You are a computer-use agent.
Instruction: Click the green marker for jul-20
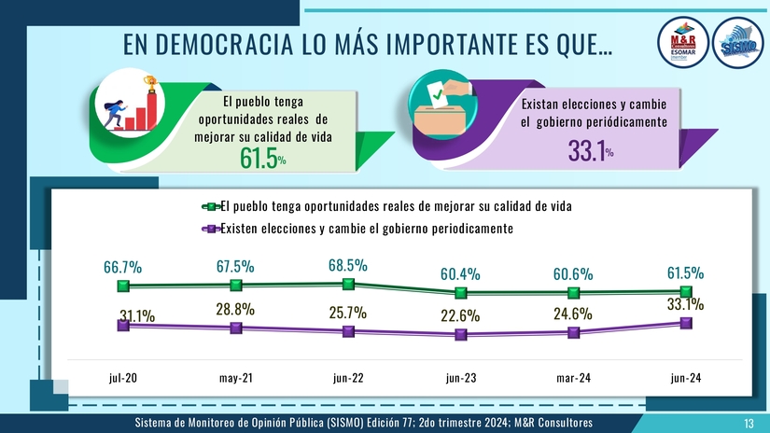coord(122,286)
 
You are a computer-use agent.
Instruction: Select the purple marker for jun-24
coord(686,322)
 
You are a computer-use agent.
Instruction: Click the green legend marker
coord(212,206)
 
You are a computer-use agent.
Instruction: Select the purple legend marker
coord(212,229)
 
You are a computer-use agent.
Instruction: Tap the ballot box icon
coord(443,107)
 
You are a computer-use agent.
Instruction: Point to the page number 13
coord(749,424)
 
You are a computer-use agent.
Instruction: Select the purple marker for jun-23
coord(460,334)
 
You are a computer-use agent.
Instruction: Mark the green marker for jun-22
coord(348,284)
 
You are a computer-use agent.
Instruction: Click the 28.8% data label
coord(235,308)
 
